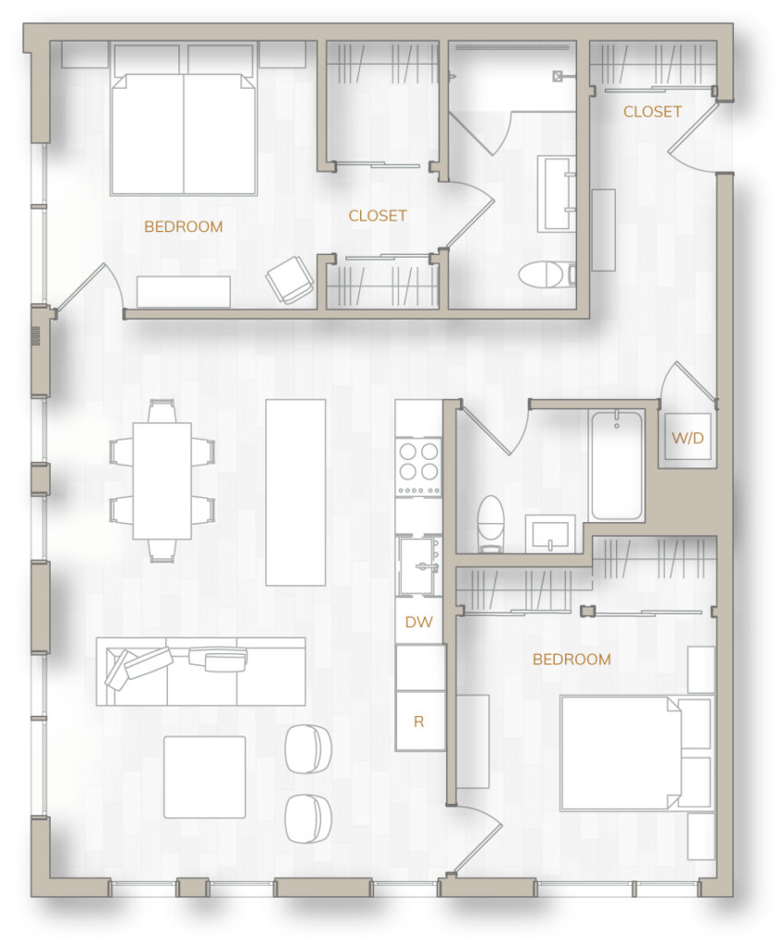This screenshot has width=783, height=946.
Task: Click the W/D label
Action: [687, 438]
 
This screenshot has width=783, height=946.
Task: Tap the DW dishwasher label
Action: [418, 622]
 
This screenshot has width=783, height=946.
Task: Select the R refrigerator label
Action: [418, 721]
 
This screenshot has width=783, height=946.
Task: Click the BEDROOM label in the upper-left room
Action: [183, 226]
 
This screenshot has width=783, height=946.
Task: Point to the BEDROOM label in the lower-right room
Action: [572, 660]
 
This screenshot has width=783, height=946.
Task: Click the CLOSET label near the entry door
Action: [652, 112]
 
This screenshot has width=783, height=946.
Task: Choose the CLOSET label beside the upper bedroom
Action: [378, 215]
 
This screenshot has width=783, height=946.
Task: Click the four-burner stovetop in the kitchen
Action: [418, 467]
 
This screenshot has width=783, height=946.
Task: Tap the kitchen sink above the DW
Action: [419, 565]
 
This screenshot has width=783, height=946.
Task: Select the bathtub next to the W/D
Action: [617, 466]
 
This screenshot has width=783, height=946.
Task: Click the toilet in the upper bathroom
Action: [544, 274]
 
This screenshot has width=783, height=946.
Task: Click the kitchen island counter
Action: [295, 491]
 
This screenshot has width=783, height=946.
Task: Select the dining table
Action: [162, 480]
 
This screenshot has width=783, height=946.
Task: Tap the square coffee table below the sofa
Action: [205, 777]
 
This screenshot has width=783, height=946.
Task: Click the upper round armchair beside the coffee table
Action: [307, 748]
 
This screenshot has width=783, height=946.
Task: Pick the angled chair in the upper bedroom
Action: [290, 279]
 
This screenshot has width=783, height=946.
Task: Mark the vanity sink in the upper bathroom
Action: [557, 193]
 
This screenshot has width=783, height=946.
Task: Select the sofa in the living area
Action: [200, 672]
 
